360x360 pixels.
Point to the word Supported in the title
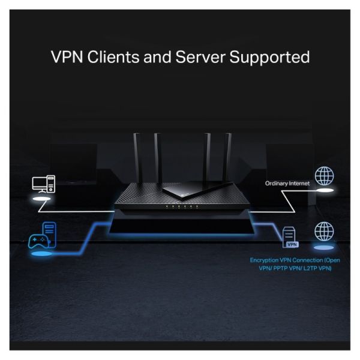(272, 58)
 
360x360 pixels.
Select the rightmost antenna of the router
(227, 159)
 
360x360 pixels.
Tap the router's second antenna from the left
(158, 159)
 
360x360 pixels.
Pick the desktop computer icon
(43, 184)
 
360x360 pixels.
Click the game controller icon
(37, 242)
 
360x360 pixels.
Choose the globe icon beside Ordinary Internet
(324, 176)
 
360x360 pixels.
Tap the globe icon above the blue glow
(324, 232)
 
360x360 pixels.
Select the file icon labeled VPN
(292, 237)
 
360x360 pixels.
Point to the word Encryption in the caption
(267, 260)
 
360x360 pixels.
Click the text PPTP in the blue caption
(287, 268)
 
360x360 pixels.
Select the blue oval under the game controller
(41, 257)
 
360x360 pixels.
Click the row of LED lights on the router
(180, 207)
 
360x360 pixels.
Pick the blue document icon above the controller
(50, 230)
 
